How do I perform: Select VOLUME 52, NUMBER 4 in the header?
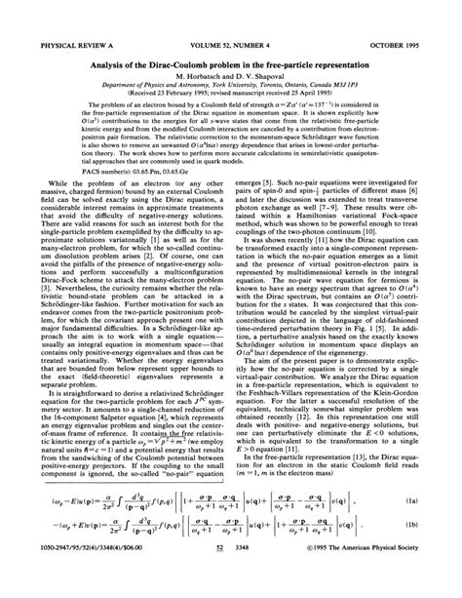[x=231, y=17]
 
